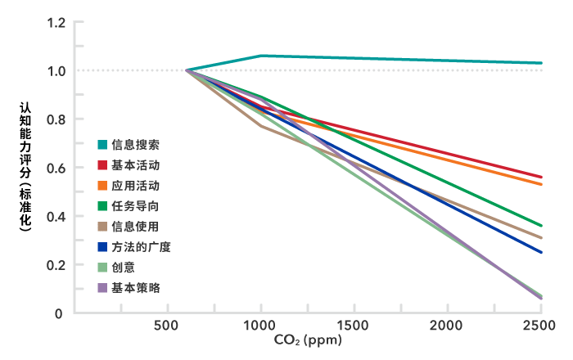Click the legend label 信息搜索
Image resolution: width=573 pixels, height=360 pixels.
click(x=136, y=145)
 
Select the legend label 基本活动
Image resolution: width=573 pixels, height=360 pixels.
click(x=136, y=165)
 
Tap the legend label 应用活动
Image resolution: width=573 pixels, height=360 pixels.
click(x=136, y=186)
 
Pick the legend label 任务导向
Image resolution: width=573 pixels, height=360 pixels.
click(x=136, y=206)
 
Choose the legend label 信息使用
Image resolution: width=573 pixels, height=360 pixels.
click(x=136, y=227)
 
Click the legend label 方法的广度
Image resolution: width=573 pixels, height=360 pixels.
click(x=142, y=247)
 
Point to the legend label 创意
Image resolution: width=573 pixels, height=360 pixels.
click(x=124, y=268)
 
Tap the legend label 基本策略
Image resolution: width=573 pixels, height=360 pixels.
click(x=136, y=288)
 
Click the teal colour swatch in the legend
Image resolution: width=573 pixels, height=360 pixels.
click(x=102, y=145)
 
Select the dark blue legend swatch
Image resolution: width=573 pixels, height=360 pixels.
click(x=102, y=247)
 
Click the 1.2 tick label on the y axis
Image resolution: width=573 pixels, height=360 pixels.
click(x=56, y=23)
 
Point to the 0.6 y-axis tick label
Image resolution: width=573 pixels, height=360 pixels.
click(x=56, y=168)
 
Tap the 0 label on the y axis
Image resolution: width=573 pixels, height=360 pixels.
click(x=59, y=313)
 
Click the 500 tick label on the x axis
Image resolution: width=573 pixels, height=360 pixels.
click(x=167, y=326)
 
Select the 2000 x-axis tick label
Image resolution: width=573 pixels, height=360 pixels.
click(x=447, y=326)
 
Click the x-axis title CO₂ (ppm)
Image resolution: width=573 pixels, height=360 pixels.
click(x=308, y=340)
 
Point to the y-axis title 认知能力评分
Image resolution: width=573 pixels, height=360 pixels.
click(x=25, y=140)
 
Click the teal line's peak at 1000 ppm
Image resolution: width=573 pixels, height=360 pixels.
click(x=261, y=56)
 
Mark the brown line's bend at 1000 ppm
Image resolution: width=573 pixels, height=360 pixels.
click(x=261, y=126)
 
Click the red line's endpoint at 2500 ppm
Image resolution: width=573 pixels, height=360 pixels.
click(x=541, y=177)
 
